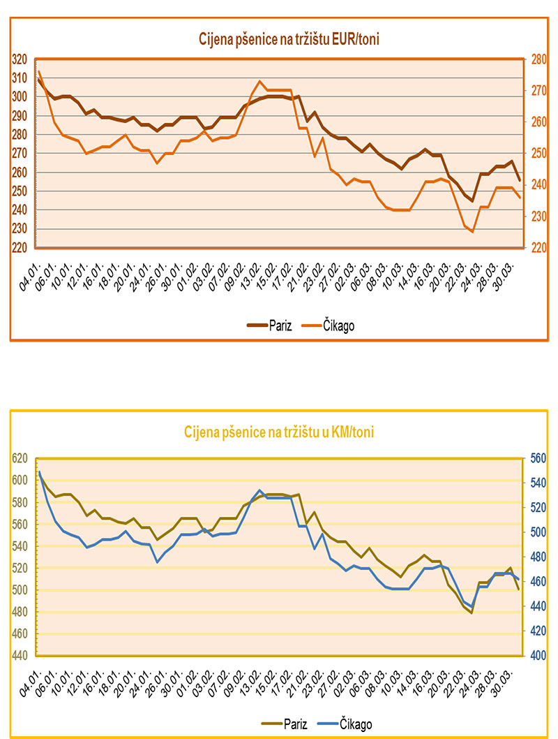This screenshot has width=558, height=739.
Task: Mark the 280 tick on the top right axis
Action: coord(538,59)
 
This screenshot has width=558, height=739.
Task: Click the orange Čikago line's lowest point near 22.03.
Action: coord(472,231)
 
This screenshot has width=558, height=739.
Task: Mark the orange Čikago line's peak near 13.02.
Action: coord(259,81)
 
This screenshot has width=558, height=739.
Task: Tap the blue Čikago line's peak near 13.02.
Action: coord(259,490)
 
